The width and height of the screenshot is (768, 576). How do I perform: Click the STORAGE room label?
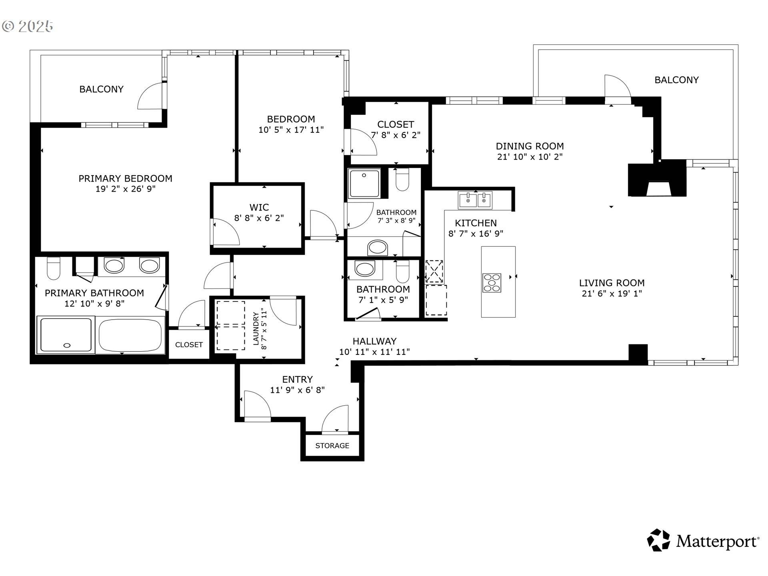click(x=332, y=446)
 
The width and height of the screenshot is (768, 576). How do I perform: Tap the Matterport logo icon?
click(x=658, y=540)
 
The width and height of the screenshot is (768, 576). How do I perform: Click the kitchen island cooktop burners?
click(x=492, y=282)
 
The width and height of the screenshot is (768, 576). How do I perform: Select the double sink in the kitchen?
click(x=475, y=200)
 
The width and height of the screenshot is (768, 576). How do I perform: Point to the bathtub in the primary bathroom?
click(x=130, y=335)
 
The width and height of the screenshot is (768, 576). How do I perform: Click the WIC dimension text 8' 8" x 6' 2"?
click(x=259, y=218)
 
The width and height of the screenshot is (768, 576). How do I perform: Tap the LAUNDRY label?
click(x=256, y=328)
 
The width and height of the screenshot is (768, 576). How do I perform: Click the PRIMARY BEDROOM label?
click(x=125, y=178)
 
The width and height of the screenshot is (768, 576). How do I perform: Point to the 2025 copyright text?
click(x=28, y=26)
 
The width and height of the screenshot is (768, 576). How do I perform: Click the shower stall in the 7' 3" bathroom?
click(x=364, y=184)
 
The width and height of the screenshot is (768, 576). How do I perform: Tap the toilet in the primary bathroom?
click(x=54, y=268)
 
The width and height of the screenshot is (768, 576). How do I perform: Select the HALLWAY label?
click(x=374, y=341)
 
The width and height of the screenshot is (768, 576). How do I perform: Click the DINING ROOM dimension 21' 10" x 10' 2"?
click(x=530, y=157)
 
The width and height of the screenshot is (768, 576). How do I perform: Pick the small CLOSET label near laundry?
click(x=189, y=344)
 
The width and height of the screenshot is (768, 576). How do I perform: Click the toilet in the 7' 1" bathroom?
click(x=402, y=272)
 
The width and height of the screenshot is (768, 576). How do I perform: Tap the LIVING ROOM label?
click(x=612, y=283)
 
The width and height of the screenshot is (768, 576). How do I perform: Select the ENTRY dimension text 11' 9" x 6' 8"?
click(x=297, y=390)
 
